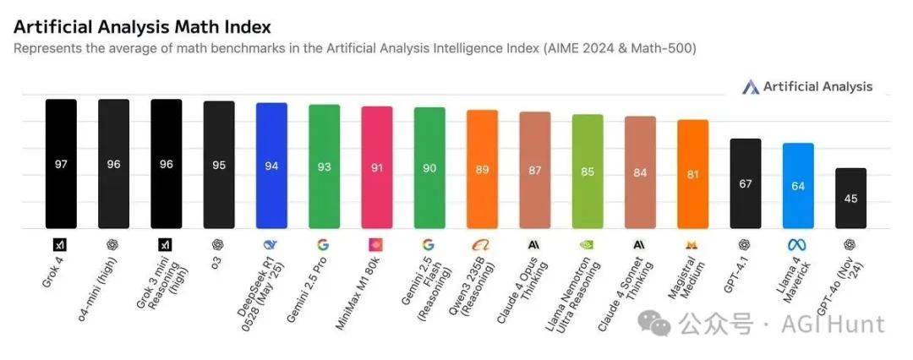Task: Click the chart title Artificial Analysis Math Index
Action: tap(142, 27)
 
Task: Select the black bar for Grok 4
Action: tap(61, 164)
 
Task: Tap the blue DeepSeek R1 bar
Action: tap(271, 166)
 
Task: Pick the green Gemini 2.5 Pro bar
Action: tap(324, 166)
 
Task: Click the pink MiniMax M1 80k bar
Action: tap(376, 167)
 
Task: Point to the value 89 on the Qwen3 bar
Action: tap(482, 169)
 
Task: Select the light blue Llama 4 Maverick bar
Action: tap(798, 186)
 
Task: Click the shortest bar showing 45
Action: tap(850, 199)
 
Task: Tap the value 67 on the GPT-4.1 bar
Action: tap(746, 183)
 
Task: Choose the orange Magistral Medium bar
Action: tap(692, 174)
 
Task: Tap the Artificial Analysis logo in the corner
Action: tap(807, 87)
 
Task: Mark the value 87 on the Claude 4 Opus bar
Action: tap(534, 170)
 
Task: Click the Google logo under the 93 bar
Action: tap(323, 245)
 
